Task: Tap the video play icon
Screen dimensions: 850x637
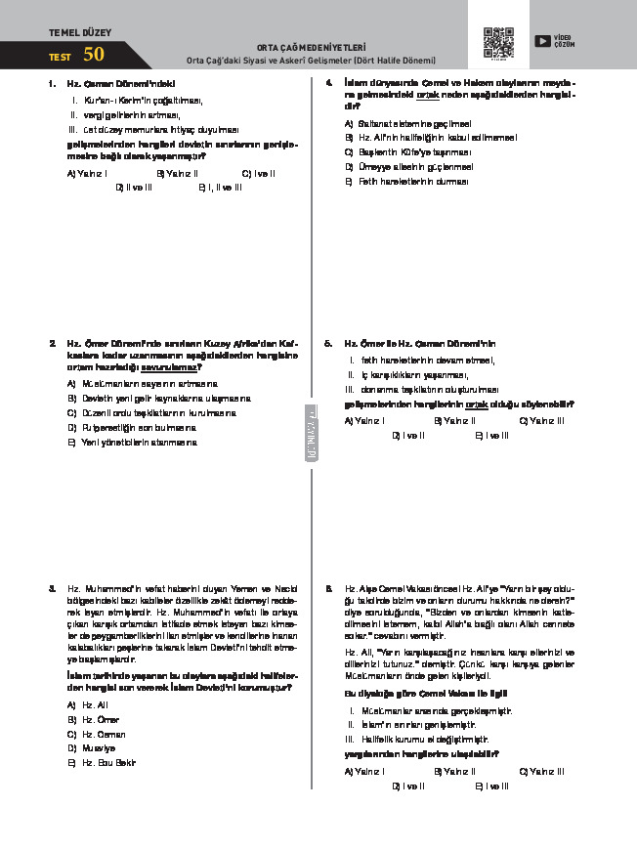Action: point(542,41)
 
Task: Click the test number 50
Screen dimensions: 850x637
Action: point(94,55)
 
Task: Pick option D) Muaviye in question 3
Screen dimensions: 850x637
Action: point(90,748)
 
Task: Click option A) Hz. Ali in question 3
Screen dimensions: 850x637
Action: point(86,704)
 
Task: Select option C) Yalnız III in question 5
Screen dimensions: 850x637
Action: point(541,421)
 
